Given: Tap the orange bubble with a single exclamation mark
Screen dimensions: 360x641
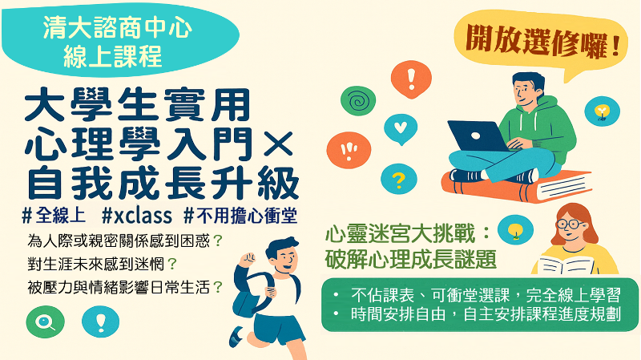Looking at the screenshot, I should point(412,79).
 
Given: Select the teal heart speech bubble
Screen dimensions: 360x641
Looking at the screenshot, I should point(401,127).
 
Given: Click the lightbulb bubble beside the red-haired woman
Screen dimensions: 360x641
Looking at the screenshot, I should point(515,231).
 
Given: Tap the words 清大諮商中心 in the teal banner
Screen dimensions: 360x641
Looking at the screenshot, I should point(118,31).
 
